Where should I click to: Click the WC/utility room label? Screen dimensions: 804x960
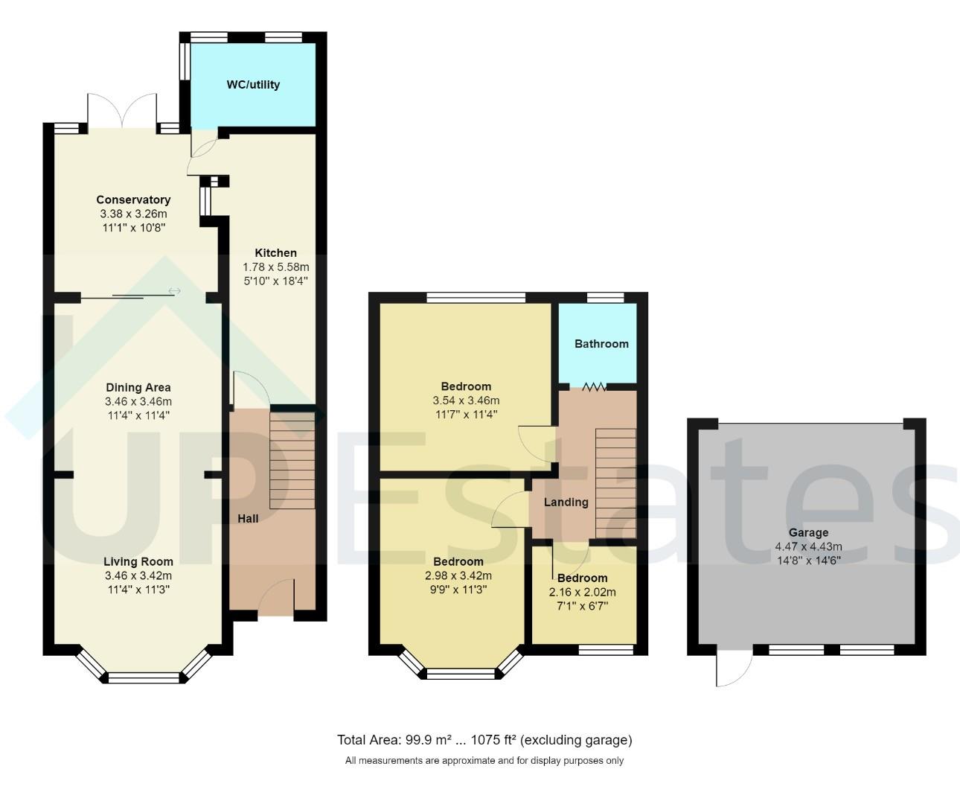tap(253, 85)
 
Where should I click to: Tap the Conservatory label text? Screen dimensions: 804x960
tap(133, 200)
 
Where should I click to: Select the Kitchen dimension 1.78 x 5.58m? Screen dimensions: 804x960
tap(275, 267)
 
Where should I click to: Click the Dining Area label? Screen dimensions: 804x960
tap(138, 387)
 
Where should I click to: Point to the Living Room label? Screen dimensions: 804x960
tap(138, 562)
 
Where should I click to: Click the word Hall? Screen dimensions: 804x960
tap(248, 518)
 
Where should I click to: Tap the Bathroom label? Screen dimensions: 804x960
tap(601, 344)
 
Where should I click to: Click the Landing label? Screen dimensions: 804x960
tap(566, 502)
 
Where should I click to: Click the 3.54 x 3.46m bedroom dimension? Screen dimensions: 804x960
tap(466, 401)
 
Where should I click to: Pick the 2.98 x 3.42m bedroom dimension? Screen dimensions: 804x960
tap(458, 575)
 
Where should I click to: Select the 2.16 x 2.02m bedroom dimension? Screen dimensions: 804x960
tap(582, 593)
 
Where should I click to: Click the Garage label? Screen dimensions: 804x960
tap(808, 533)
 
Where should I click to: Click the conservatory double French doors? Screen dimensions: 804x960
tap(122, 112)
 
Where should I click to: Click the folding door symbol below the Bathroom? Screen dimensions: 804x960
tap(594, 386)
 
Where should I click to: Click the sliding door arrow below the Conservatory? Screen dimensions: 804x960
tap(174, 291)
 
